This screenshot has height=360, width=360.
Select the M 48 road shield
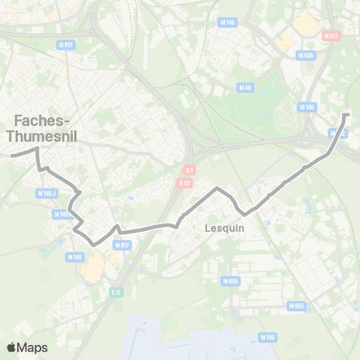coord(244,88)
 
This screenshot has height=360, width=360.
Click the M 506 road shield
coord(305,55)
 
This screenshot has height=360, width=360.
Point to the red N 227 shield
coord(331,36)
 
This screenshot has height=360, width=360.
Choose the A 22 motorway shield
coord(185,183)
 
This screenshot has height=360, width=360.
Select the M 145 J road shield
coord(46,193)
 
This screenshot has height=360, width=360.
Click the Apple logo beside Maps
coord(12,347)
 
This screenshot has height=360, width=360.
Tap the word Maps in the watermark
coord(33,347)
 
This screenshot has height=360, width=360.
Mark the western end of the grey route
coord(11,155)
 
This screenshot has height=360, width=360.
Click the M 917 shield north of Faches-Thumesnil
coord(66,44)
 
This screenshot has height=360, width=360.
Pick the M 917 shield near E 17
coord(122,245)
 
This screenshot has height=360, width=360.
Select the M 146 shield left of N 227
coord(228,23)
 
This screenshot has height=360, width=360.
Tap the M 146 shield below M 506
coord(307,107)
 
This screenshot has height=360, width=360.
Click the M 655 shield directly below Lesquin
coord(229,281)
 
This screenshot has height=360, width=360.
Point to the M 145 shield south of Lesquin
coord(268,337)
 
